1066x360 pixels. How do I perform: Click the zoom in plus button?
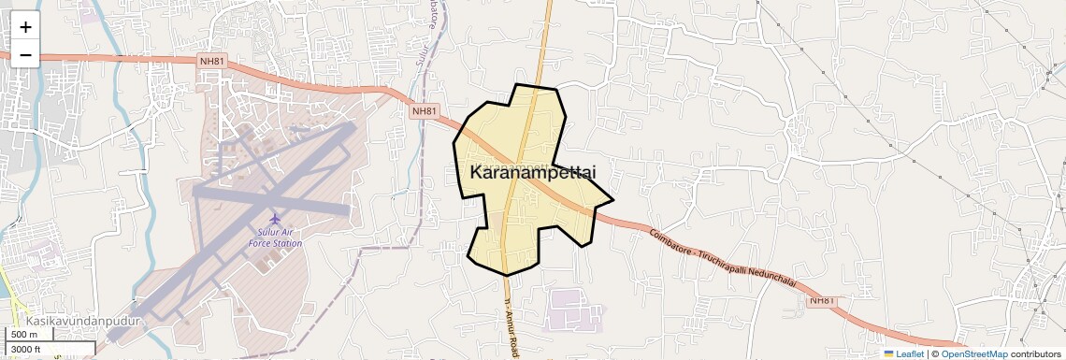(25, 27)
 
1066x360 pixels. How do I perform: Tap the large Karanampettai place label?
(532, 173)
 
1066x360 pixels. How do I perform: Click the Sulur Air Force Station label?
(275, 238)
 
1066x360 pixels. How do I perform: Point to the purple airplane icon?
(274, 220)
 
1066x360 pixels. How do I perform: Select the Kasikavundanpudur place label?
(82, 321)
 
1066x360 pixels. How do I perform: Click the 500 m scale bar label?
(24, 335)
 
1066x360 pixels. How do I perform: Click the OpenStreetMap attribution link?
(973, 353)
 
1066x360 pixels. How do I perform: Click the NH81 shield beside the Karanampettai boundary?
(425, 111)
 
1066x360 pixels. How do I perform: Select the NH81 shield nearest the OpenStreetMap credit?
(821, 300)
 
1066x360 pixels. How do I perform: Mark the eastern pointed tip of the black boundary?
(612, 199)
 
